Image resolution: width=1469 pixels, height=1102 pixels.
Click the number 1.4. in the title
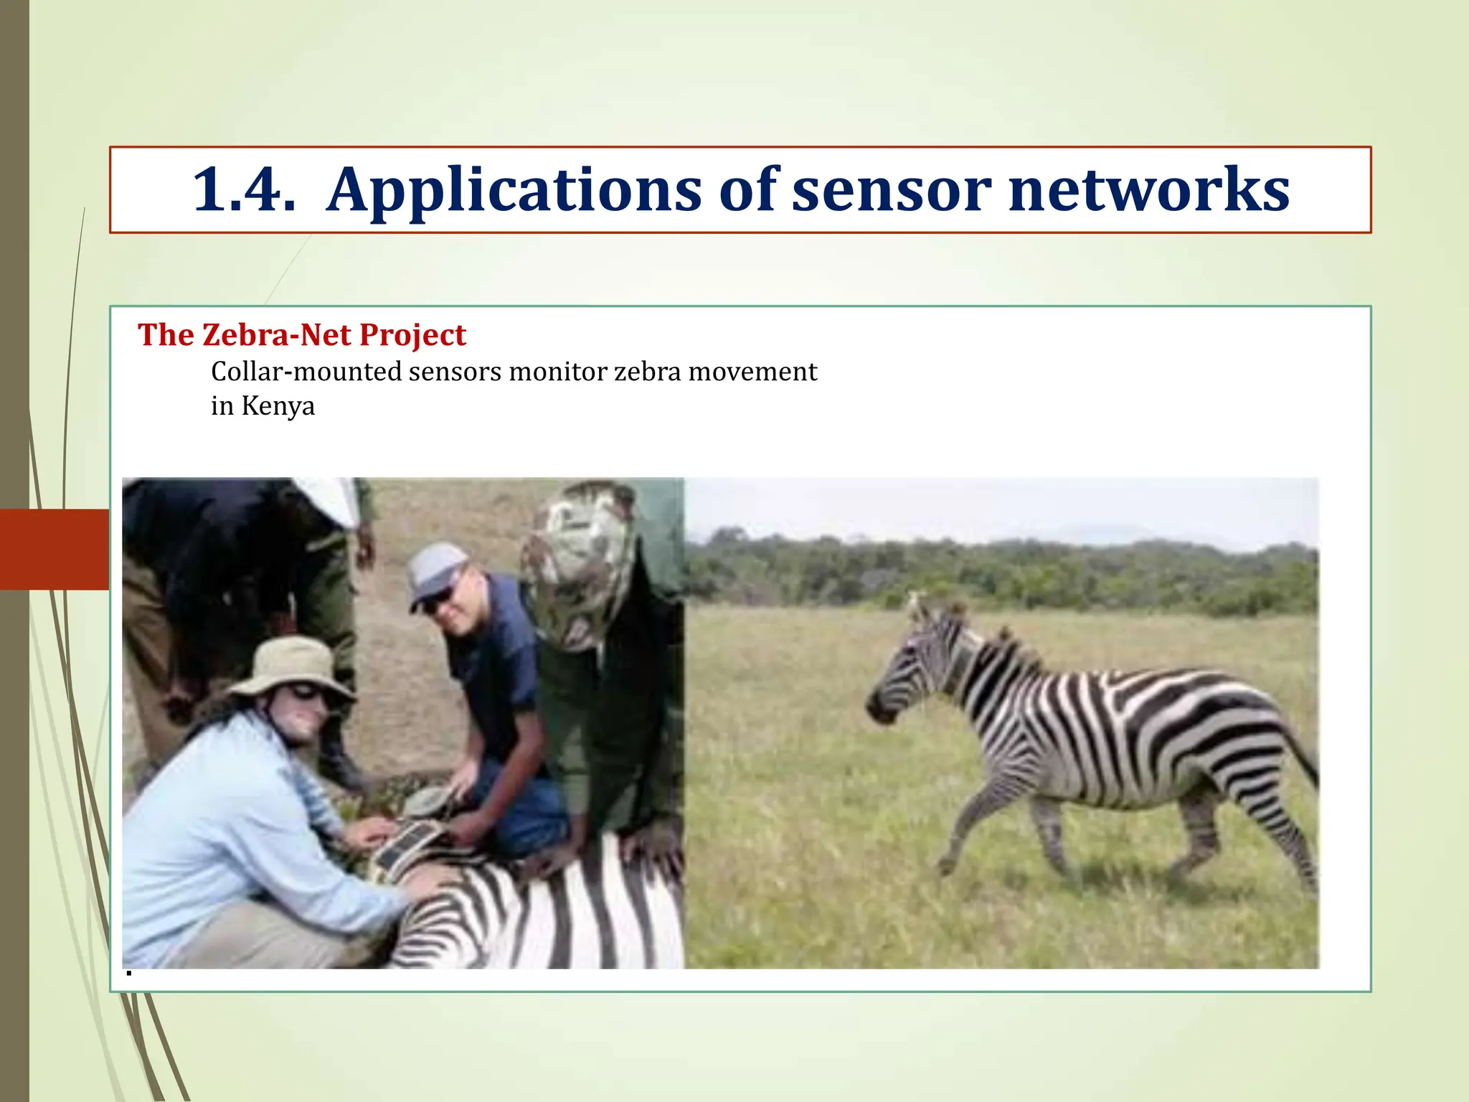pos(243,189)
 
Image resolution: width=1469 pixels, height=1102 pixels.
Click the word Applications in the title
pos(514,191)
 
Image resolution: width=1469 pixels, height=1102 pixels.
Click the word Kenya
pos(278,406)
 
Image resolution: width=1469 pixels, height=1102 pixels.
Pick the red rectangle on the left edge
pos(55,549)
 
